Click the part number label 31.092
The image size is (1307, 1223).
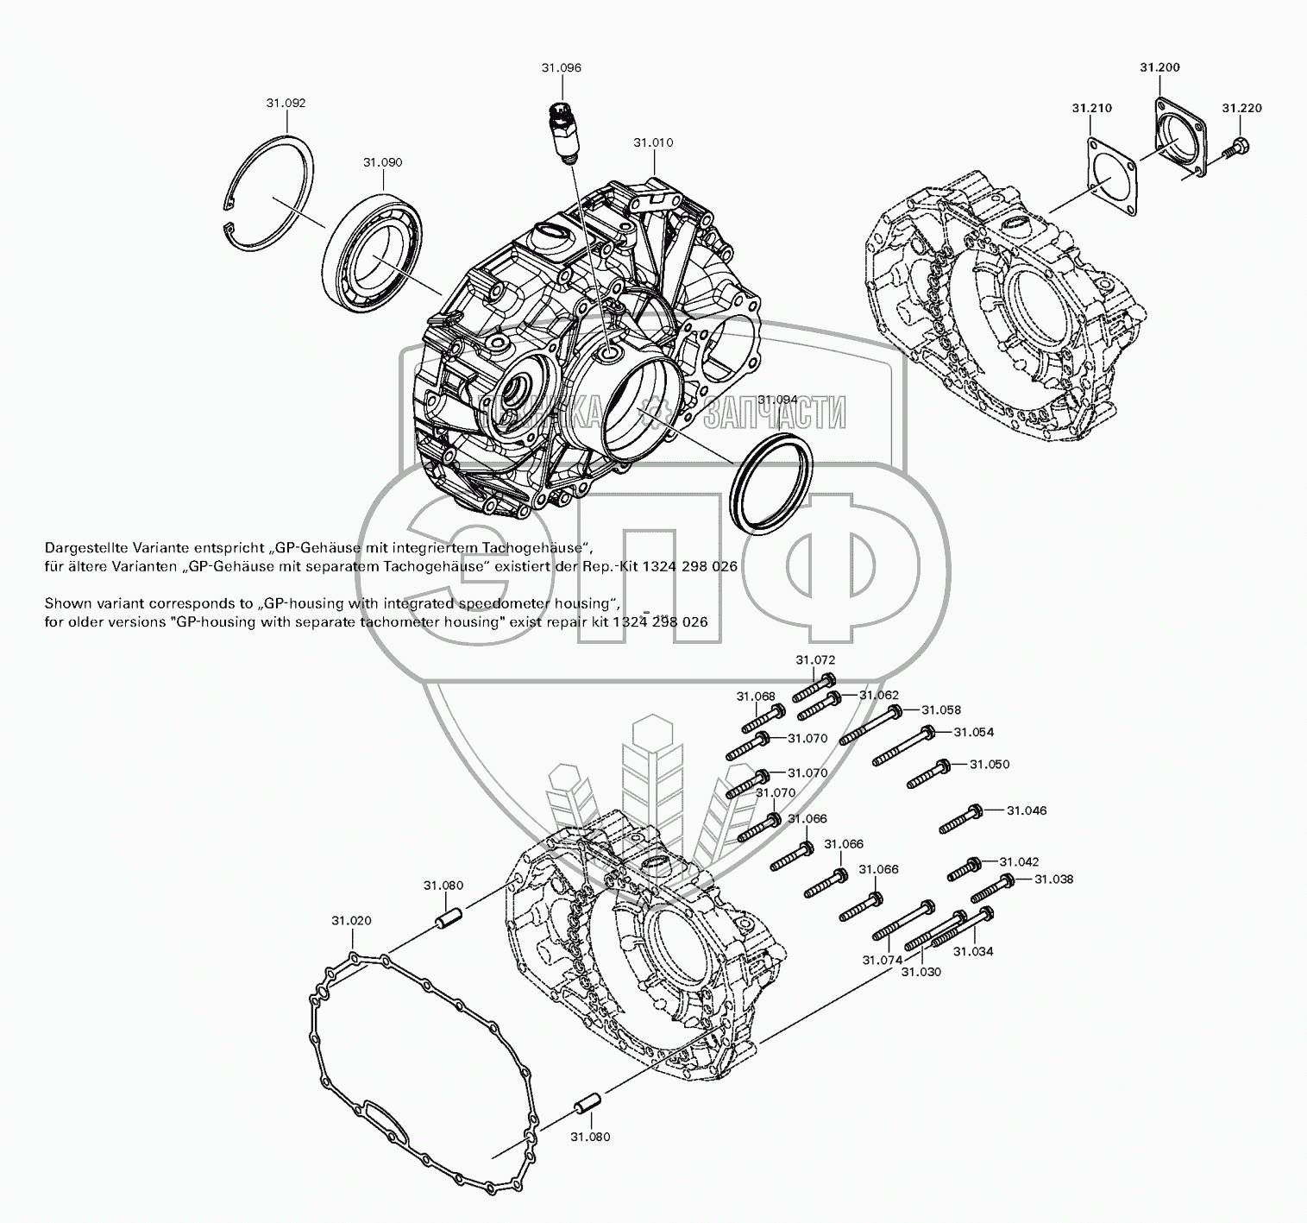286,103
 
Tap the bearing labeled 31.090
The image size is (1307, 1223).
373,244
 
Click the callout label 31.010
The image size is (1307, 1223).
653,142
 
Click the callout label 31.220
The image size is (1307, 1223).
1241,108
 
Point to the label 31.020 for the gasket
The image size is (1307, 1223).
351,921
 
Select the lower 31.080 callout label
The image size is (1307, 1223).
589,1137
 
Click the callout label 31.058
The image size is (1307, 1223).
940,709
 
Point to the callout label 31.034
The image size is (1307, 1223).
973,951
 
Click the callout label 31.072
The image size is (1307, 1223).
815,659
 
